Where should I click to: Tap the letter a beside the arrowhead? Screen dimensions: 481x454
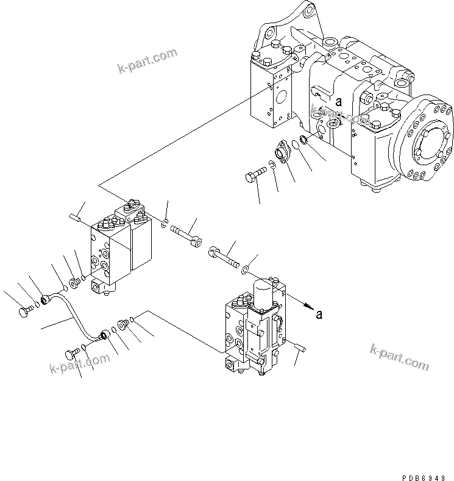tap(318, 314)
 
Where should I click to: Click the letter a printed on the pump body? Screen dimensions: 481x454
tap(339, 102)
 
